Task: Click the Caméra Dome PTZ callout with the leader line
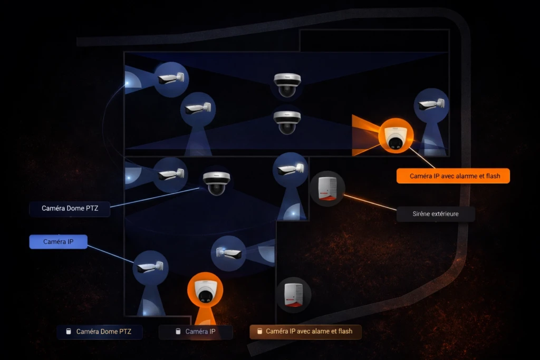click(x=70, y=209)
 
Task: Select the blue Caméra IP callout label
click(x=58, y=241)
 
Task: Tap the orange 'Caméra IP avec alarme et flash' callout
click(x=453, y=176)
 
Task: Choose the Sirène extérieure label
click(x=436, y=213)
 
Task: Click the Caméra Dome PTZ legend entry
click(x=100, y=332)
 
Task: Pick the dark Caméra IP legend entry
click(x=196, y=332)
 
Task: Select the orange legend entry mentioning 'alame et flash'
click(x=305, y=332)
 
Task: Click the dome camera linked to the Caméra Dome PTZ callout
click(x=216, y=183)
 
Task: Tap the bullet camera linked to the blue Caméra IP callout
click(x=150, y=268)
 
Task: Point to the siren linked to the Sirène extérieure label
click(x=327, y=189)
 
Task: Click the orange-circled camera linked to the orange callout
click(x=396, y=136)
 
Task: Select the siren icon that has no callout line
click(x=294, y=295)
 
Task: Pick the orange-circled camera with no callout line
click(x=205, y=290)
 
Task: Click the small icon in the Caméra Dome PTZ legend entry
click(x=69, y=332)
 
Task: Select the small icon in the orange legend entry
click(x=259, y=331)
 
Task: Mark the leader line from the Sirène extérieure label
click(x=370, y=202)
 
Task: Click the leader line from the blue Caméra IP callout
click(x=111, y=254)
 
